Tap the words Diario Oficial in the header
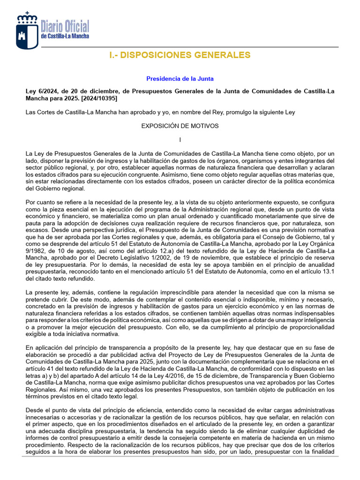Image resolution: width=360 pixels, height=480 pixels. [65, 26]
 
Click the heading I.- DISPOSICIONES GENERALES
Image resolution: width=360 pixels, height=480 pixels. [180, 55]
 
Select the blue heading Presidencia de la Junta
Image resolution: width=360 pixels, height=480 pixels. [180, 79]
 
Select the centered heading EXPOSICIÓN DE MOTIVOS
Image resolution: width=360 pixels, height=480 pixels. [180, 126]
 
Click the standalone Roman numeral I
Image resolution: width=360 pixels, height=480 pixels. [180, 140]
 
